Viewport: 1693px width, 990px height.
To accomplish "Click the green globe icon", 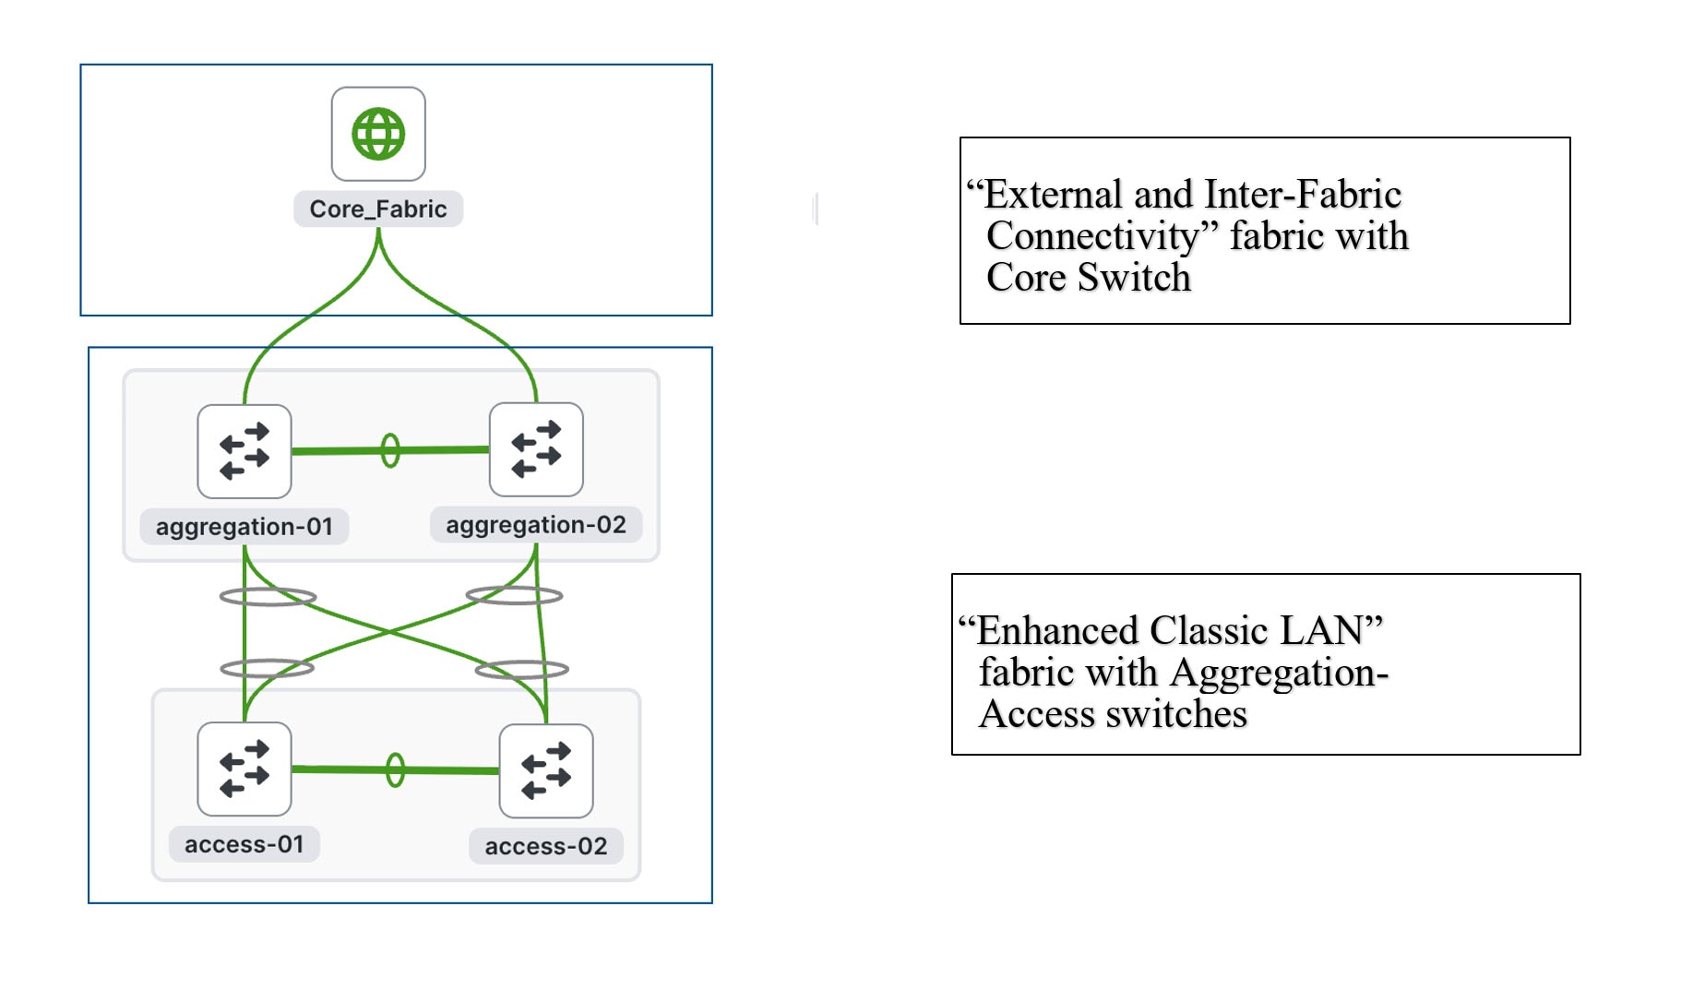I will (378, 135).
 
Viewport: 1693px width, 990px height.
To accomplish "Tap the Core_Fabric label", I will (378, 209).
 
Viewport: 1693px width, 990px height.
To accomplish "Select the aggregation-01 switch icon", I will (244, 451).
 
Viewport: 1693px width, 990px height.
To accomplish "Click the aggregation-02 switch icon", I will (536, 449).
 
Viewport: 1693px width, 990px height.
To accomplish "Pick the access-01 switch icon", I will (244, 769).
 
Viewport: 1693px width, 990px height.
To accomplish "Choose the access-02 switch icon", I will (546, 770).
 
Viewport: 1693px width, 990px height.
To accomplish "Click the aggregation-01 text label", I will (244, 527).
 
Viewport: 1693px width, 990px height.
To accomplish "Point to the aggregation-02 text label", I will (536, 525).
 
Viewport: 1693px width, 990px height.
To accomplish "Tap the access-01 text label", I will (244, 844).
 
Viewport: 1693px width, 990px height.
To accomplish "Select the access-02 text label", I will (546, 846).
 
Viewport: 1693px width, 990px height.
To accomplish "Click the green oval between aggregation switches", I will (390, 450).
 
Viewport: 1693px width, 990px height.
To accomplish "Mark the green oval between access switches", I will (395, 769).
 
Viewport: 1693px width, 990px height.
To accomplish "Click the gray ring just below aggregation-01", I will (268, 597).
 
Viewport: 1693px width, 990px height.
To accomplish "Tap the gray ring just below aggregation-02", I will (514, 595).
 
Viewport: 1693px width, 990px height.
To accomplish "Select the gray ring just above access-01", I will (268, 668).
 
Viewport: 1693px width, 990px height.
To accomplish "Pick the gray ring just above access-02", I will (521, 670).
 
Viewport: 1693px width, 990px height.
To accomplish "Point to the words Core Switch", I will (1089, 278).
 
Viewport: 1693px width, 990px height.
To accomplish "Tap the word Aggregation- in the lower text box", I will (1279, 673).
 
